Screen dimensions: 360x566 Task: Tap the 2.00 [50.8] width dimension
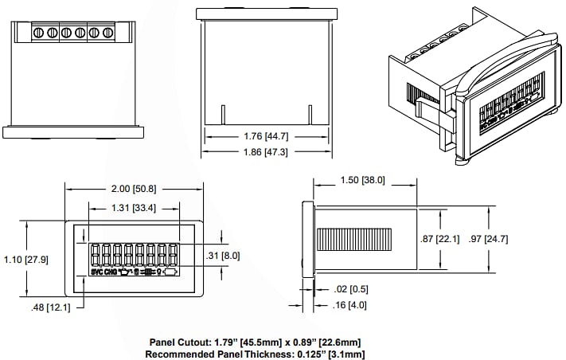point(133,189)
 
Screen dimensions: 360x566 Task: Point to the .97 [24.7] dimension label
point(488,238)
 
